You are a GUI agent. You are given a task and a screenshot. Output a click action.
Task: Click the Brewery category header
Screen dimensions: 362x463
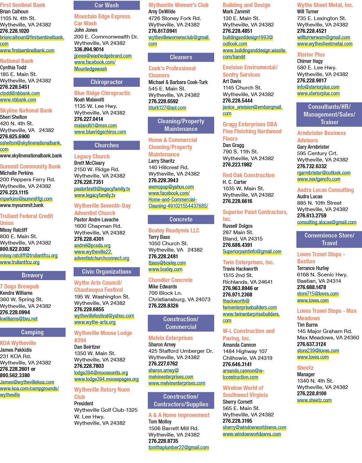coord(33,275)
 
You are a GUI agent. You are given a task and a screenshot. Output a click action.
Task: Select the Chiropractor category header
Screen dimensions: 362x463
coord(107,82)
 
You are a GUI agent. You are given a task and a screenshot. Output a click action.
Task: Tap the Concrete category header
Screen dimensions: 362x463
coord(181,219)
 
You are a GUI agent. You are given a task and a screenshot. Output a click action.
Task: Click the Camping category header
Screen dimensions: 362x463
coord(33,332)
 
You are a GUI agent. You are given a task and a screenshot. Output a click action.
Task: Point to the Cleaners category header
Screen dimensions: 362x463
coord(181,57)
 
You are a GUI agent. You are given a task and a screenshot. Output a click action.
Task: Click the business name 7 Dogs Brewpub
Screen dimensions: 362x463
coord(19,286)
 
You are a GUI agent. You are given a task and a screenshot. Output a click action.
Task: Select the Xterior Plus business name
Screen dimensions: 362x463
coord(311,55)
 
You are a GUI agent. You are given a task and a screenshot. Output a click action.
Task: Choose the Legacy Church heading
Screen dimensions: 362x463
coord(92,156)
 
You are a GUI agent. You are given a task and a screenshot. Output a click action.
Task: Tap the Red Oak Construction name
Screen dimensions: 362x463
coord(249,175)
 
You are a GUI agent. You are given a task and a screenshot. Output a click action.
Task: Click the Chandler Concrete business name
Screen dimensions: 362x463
coord(171,280)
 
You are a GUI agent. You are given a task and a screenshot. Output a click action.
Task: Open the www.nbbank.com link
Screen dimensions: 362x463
coord(18,100)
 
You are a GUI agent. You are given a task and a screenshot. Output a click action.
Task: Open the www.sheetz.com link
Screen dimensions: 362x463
coord(314,400)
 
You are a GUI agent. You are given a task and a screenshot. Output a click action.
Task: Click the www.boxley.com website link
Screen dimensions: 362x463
coord(166,269)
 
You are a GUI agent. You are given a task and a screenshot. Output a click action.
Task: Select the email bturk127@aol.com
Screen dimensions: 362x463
coord(167,108)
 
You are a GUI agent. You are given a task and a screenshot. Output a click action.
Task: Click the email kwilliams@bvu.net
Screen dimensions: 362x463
coord(19,319)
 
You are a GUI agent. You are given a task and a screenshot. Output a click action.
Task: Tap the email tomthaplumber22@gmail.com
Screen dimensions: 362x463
coord(179,448)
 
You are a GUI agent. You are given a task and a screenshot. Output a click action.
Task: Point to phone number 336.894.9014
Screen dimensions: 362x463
coord(89,50)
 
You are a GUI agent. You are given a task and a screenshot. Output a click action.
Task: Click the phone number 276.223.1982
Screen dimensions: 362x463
coord(237,165)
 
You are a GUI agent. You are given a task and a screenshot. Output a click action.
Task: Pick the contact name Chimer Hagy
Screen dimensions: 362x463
coord(310,61)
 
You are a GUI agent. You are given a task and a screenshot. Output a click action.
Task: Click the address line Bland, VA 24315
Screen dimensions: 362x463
coord(243,239)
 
